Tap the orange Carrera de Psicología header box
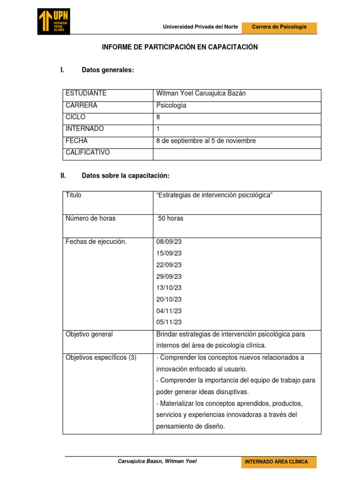click(x=279, y=27)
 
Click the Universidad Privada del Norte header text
click(x=200, y=27)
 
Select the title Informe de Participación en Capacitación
click(x=180, y=47)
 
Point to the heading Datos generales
click(x=108, y=70)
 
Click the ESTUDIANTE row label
click(x=86, y=93)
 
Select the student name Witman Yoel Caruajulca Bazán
click(x=201, y=93)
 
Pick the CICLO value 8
click(x=158, y=117)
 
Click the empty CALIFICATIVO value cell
click(x=237, y=154)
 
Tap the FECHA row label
click(x=76, y=141)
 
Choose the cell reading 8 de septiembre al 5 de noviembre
click(x=206, y=141)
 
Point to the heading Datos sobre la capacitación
click(x=125, y=176)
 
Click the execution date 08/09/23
click(x=169, y=242)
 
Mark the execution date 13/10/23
click(x=169, y=288)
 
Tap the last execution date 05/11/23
click(x=169, y=322)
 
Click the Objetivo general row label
click(x=89, y=334)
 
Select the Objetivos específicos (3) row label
click(x=101, y=358)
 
